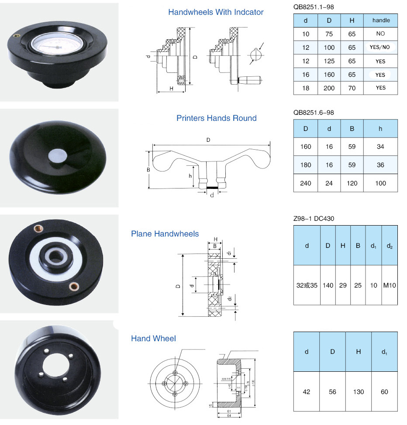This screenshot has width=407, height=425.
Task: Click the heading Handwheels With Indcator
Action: [x=216, y=12]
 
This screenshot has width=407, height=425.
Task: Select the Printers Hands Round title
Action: [x=216, y=118]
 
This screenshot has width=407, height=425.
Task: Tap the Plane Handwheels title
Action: [x=165, y=234]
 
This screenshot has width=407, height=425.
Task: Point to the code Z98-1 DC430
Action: [x=314, y=218]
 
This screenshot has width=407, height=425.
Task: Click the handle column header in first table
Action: [x=380, y=21]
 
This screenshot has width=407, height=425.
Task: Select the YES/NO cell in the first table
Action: [x=380, y=48]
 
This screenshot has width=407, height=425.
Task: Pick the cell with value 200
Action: [x=329, y=88]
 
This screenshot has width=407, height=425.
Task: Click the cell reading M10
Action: [x=390, y=285]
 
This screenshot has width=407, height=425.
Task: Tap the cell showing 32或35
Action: [x=307, y=285]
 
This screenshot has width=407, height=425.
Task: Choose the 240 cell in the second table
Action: [x=306, y=183]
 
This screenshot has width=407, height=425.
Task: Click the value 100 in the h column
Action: [x=380, y=183]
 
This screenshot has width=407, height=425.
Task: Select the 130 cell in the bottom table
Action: [x=358, y=392]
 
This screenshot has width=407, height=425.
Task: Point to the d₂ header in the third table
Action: [x=390, y=246]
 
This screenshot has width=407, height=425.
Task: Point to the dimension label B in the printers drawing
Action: [x=148, y=169]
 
